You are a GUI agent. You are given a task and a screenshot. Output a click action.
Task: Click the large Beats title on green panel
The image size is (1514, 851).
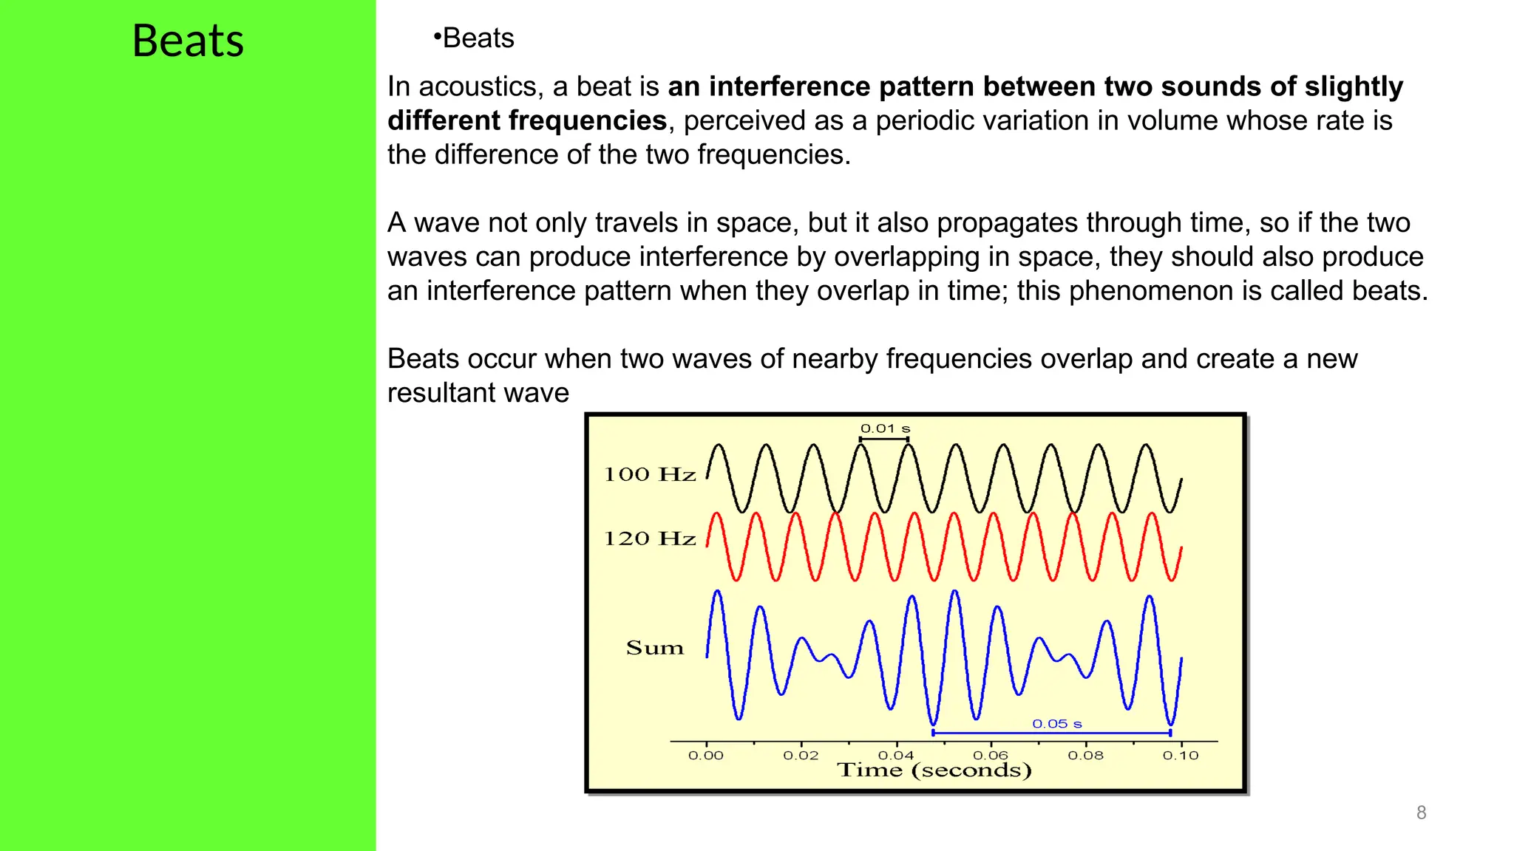point(188,41)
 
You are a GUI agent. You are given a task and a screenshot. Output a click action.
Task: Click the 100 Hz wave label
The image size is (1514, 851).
point(650,474)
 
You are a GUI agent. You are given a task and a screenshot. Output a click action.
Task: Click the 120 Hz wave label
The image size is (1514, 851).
point(650,539)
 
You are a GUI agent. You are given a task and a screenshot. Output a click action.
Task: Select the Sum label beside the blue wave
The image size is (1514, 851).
point(654,648)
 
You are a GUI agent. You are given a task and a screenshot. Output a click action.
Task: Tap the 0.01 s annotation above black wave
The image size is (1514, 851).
point(885,428)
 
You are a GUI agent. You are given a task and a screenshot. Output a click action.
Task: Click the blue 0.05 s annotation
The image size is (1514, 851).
point(1056,724)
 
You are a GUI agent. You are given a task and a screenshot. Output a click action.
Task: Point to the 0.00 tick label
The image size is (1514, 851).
point(705,756)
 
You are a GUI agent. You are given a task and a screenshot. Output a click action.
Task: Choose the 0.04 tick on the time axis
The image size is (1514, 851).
point(896,756)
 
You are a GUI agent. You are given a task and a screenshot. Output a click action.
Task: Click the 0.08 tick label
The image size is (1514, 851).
point(1085,756)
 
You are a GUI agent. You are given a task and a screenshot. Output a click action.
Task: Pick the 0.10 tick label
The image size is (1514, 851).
point(1180,756)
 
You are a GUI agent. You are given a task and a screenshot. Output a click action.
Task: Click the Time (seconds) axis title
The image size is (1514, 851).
point(934,770)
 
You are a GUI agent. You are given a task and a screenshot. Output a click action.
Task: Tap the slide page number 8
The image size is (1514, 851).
point(1421,813)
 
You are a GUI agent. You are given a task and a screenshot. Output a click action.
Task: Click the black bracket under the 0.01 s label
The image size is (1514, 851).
point(884,440)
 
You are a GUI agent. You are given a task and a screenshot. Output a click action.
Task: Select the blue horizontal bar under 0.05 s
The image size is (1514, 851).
point(1051,734)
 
